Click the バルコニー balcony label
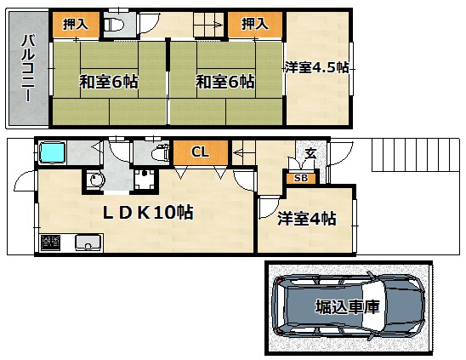(x=28, y=68)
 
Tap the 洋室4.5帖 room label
(x=317, y=67)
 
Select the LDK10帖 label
(x=148, y=213)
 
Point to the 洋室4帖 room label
(x=307, y=219)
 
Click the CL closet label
(x=200, y=151)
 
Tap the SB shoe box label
(x=301, y=178)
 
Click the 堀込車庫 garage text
(x=348, y=307)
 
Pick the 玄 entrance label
(x=310, y=153)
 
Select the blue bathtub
(x=53, y=152)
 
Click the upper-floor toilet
(x=115, y=25)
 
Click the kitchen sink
(x=88, y=243)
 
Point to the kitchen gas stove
(x=50, y=243)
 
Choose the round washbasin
(x=95, y=180)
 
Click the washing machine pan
(x=145, y=180)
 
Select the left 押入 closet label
(x=76, y=25)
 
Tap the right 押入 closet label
(x=255, y=24)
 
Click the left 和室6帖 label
(x=109, y=82)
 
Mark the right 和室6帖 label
(x=225, y=82)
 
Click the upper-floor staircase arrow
(x=208, y=25)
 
